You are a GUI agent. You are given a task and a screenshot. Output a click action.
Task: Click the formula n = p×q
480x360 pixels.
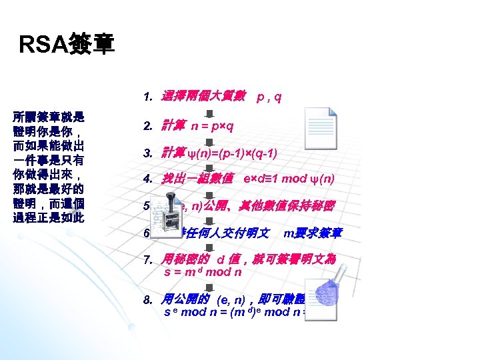click(212, 125)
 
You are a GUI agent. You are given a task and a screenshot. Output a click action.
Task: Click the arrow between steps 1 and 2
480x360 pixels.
click(208, 112)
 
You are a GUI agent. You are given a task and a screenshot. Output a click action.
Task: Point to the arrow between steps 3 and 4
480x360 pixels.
click(208, 167)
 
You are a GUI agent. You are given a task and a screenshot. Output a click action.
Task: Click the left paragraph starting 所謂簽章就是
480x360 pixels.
click(49, 167)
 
